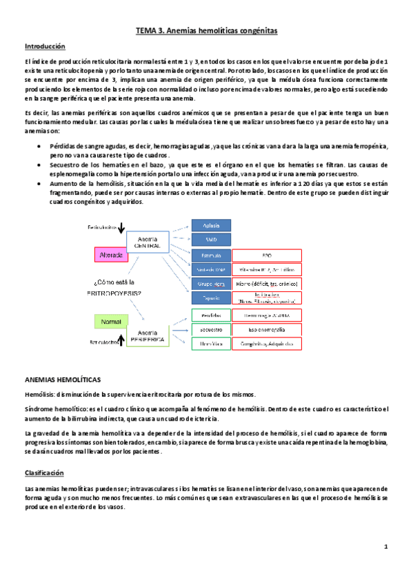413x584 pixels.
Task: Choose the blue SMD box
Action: [210, 239]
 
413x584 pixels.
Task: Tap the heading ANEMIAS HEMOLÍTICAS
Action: [63, 379]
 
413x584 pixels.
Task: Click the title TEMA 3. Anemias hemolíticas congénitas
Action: [206, 31]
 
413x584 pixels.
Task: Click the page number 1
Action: [387, 547]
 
